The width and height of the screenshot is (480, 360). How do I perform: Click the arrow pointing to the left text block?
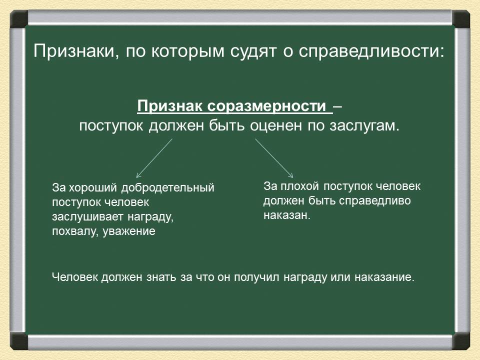tap(154, 158)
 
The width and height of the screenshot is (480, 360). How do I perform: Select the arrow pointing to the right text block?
tap(274, 157)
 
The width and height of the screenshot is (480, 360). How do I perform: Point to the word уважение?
tap(129, 232)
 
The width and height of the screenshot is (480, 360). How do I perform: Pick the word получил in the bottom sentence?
tap(251, 277)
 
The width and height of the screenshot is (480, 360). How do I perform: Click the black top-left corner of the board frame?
tap(19, 19)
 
